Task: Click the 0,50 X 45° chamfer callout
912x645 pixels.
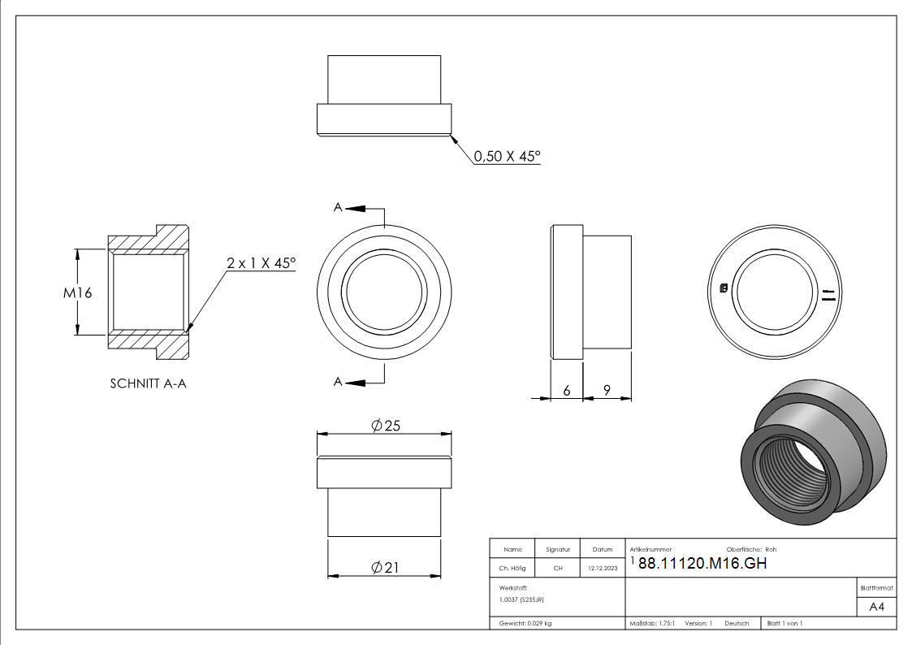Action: point(507,156)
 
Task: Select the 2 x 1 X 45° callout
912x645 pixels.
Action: point(261,263)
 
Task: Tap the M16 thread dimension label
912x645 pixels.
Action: point(79,292)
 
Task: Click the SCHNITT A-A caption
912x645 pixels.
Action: point(148,383)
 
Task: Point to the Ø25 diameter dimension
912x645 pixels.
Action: point(386,426)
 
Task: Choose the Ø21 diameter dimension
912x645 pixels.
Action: point(386,568)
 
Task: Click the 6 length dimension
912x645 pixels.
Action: point(567,391)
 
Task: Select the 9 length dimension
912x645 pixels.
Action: point(607,391)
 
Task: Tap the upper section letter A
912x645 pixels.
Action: point(338,208)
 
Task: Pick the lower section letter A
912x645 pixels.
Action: point(338,381)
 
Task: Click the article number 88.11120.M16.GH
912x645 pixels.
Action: point(702,564)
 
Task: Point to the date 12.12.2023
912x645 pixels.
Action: point(602,569)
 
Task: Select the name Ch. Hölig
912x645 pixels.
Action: point(512,569)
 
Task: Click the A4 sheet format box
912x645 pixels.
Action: point(876,607)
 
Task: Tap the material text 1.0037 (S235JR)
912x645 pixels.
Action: point(521,600)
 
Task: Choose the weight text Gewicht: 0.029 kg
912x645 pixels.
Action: point(525,623)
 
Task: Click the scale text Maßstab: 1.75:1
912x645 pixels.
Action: point(652,623)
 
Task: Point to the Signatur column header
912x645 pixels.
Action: point(558,549)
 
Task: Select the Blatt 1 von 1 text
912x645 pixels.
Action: point(784,623)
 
